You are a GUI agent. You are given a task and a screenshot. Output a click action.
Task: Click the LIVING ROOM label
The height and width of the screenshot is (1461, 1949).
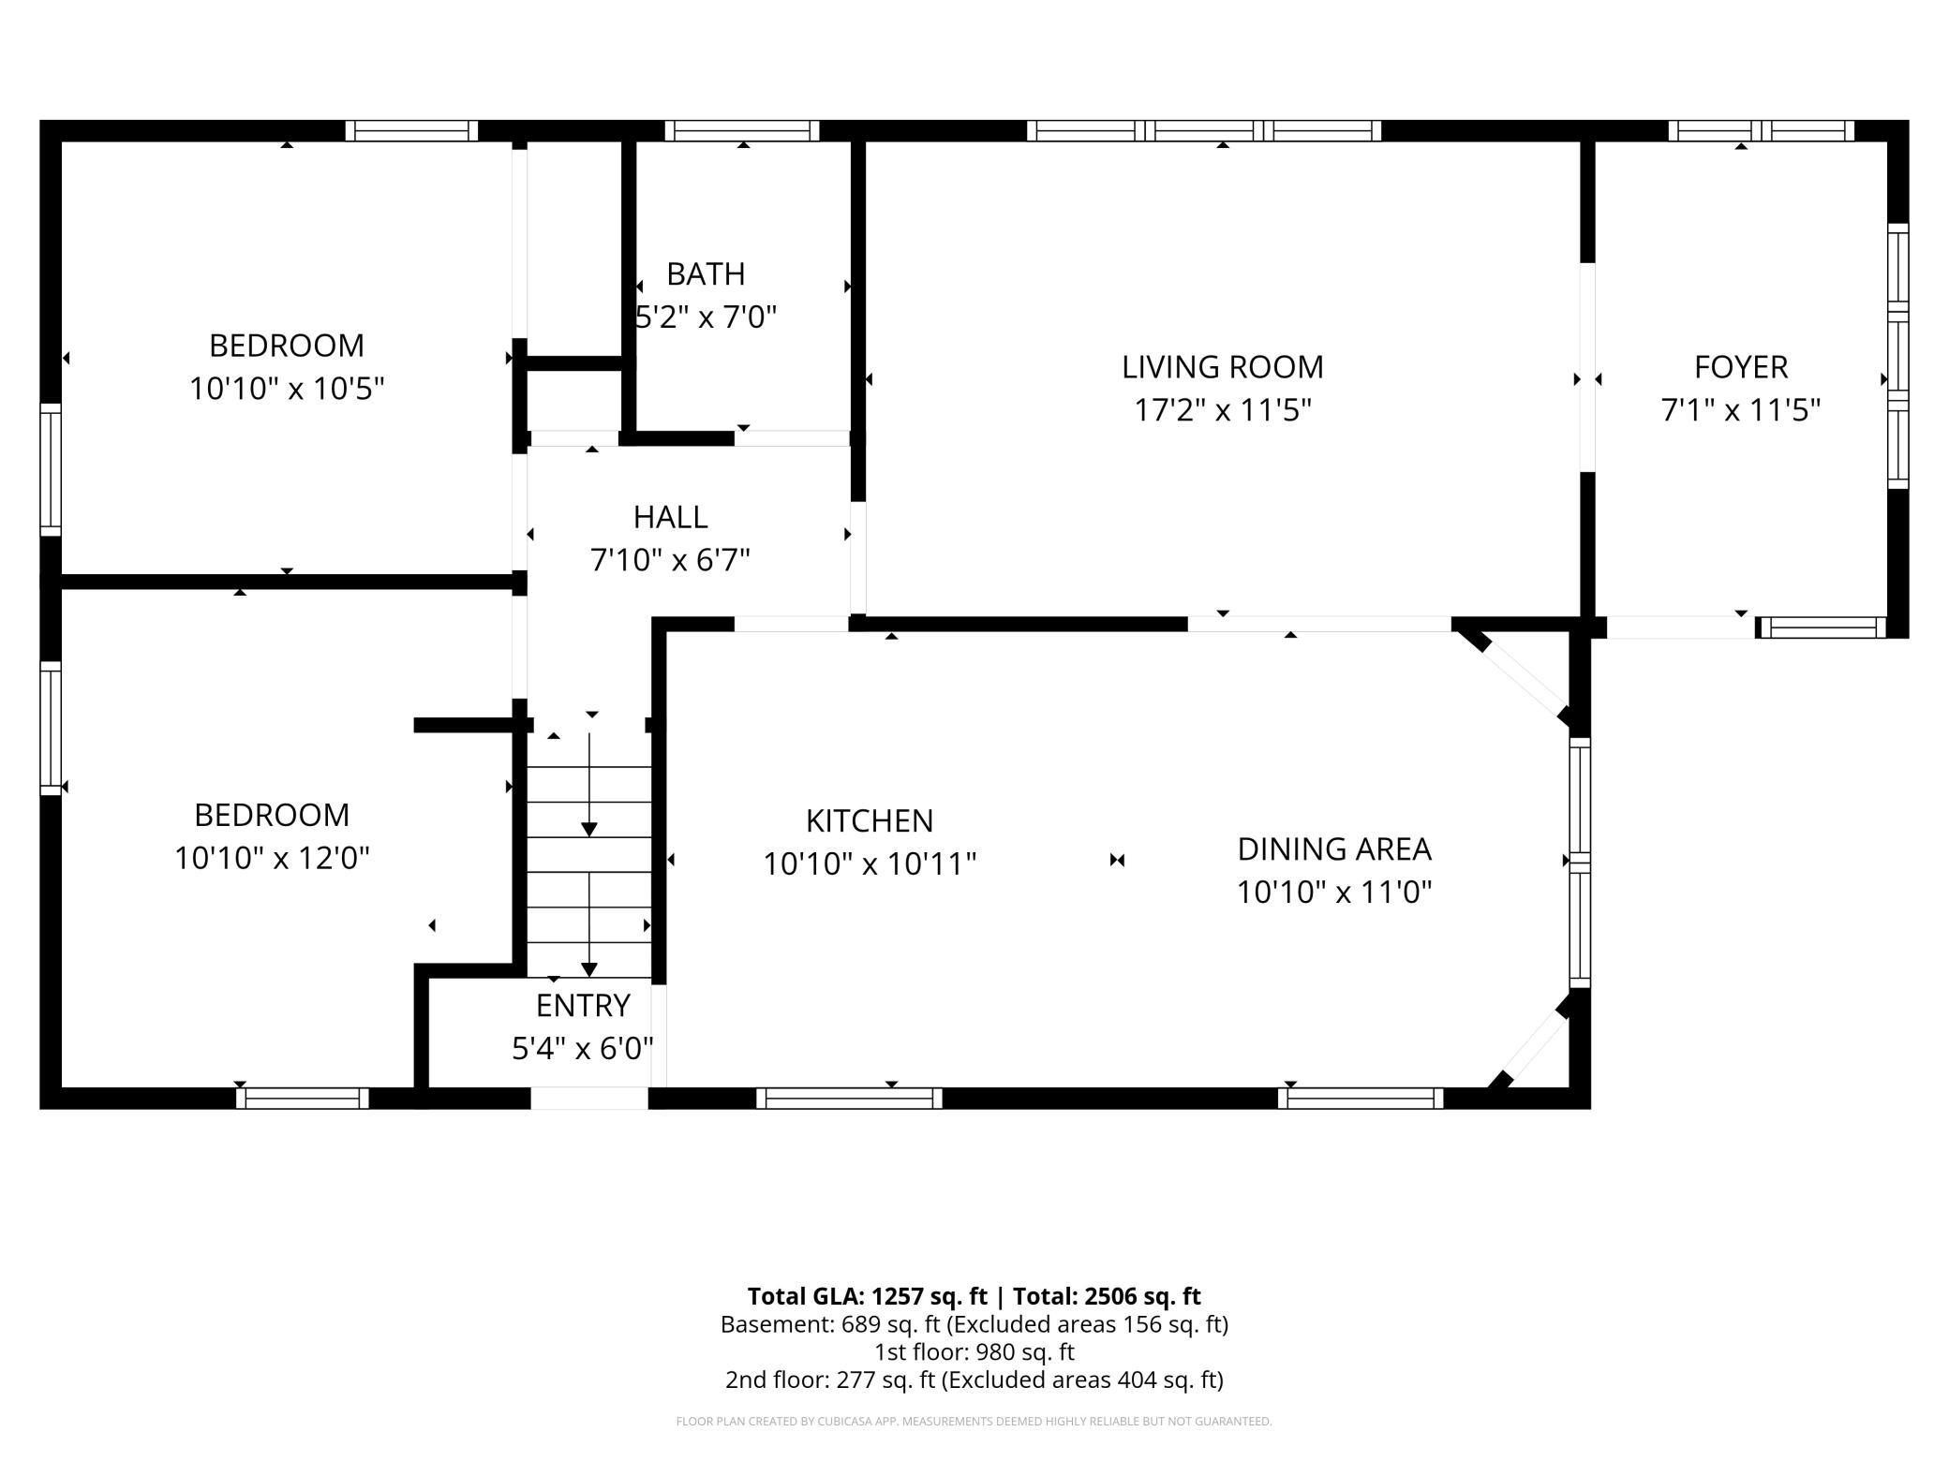[x=1223, y=367]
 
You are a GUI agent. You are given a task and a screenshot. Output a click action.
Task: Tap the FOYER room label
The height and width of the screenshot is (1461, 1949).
[x=1741, y=367]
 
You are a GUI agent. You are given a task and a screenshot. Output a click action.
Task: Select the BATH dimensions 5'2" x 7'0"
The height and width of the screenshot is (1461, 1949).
[x=707, y=317]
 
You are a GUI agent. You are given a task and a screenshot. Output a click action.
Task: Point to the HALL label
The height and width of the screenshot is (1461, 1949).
[x=670, y=517]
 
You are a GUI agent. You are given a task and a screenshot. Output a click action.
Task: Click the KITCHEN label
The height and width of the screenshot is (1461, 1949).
[x=870, y=820]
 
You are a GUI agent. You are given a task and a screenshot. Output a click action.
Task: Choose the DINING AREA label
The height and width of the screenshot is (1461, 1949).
[x=1334, y=849]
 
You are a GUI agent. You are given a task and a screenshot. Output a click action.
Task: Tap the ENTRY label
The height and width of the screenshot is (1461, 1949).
[x=583, y=1005]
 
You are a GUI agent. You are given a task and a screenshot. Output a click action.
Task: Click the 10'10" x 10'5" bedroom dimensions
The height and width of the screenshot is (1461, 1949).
[x=287, y=389]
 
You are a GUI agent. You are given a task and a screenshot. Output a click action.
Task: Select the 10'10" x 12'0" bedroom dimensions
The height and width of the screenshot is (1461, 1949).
[x=272, y=858]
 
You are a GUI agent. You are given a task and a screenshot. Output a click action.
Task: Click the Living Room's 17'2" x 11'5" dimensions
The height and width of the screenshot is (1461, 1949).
[x=1223, y=410]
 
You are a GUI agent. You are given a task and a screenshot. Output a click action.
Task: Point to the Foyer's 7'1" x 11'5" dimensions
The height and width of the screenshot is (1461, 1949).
[x=1741, y=410]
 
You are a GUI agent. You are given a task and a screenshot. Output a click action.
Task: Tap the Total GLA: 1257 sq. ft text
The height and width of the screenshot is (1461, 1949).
[x=868, y=1296]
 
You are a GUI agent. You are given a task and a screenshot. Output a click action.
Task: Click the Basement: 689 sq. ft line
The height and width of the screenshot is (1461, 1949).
[x=974, y=1324]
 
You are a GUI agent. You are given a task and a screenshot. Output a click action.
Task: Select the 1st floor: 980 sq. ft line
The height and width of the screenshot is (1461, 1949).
[x=974, y=1352]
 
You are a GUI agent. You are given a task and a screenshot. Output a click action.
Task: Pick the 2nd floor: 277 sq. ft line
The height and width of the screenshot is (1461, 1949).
[x=974, y=1380]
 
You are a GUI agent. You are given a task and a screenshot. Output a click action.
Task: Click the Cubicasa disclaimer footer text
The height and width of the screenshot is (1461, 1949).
[x=974, y=1422]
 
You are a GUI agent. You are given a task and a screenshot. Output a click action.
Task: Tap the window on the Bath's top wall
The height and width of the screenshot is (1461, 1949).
[x=742, y=130]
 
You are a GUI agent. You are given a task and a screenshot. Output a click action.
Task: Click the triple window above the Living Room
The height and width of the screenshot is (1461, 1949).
[x=1204, y=130]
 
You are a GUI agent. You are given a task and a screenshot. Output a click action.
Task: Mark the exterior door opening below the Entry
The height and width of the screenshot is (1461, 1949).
[x=589, y=1098]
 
